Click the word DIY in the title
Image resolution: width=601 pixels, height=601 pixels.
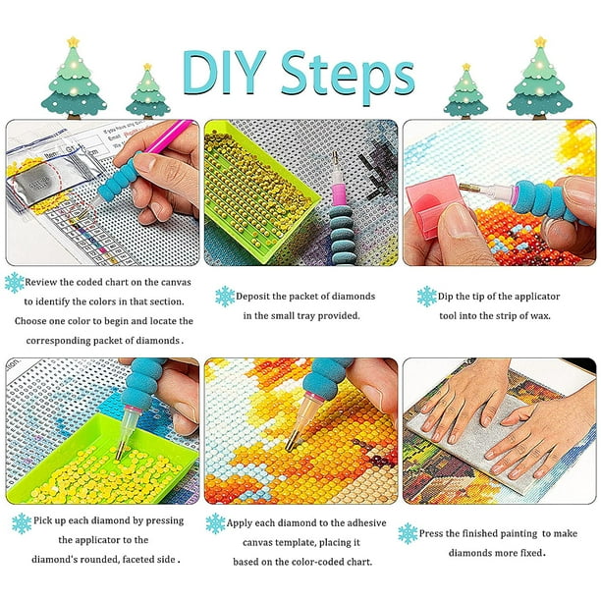(224, 73)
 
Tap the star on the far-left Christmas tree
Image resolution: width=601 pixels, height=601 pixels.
(73, 41)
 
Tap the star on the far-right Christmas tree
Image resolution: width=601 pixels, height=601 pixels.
(540, 41)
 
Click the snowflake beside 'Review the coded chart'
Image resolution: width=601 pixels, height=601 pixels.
(15, 283)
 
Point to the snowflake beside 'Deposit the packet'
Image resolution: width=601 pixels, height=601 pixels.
(225, 297)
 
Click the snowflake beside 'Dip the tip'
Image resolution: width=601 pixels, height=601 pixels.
(427, 297)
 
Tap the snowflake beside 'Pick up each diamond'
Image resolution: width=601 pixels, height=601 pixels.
(22, 523)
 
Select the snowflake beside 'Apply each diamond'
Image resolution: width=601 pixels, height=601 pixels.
(215, 523)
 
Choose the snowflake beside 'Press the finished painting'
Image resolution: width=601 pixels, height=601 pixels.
(408, 533)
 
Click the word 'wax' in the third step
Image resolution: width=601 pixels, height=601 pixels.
(540, 316)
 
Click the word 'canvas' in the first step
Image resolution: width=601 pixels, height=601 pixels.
(176, 283)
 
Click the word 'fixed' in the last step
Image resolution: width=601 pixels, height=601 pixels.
(531, 553)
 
